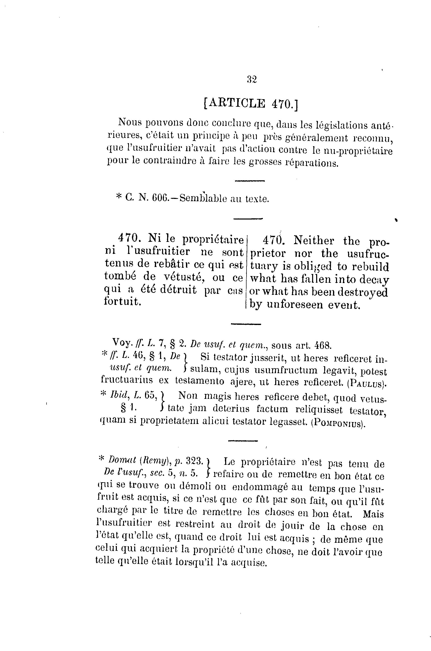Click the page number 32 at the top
(x=252, y=80)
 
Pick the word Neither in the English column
(x=314, y=241)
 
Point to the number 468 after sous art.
(x=323, y=345)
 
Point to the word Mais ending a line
(x=373, y=514)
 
